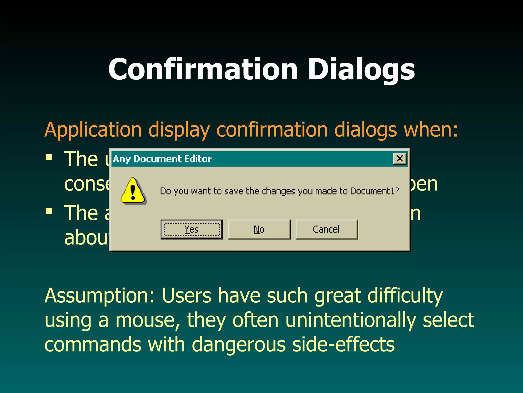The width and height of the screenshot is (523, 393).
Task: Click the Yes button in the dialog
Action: tap(192, 229)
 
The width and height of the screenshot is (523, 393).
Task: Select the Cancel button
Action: tap(326, 229)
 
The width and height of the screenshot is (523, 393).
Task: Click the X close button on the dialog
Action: tap(400, 158)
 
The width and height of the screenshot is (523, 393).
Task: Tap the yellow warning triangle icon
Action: tap(133, 191)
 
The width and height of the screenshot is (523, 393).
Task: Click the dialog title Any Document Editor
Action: tap(162, 159)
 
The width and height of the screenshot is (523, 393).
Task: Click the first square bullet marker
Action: tap(49, 157)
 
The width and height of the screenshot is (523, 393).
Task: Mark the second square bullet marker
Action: tap(49, 211)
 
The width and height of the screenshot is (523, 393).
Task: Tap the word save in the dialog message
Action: tap(233, 191)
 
